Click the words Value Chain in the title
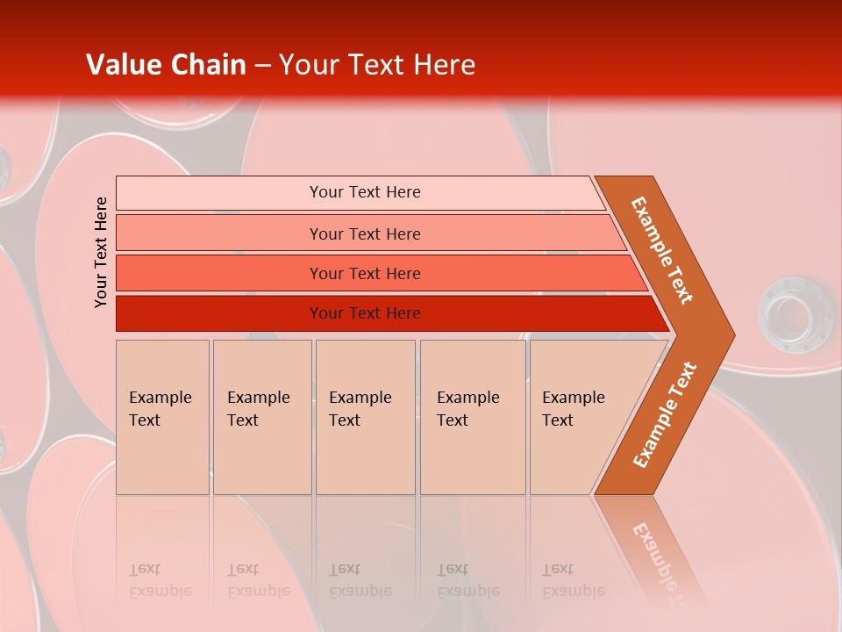pos(166,65)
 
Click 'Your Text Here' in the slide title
pos(377,65)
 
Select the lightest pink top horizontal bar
pos(364,192)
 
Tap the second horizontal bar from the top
pos(364,233)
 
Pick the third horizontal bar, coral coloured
pos(364,273)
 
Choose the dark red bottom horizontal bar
pos(364,313)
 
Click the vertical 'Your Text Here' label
pos(101,252)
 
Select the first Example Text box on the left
pos(162,417)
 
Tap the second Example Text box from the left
pos(261,417)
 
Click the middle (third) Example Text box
pos(364,417)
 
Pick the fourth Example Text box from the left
pos(472,417)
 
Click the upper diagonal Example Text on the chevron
pos(662,250)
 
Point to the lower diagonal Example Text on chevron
pos(664,415)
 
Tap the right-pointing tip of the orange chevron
pos(728,334)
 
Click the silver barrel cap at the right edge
pos(794,312)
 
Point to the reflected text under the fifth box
pos(572,580)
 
